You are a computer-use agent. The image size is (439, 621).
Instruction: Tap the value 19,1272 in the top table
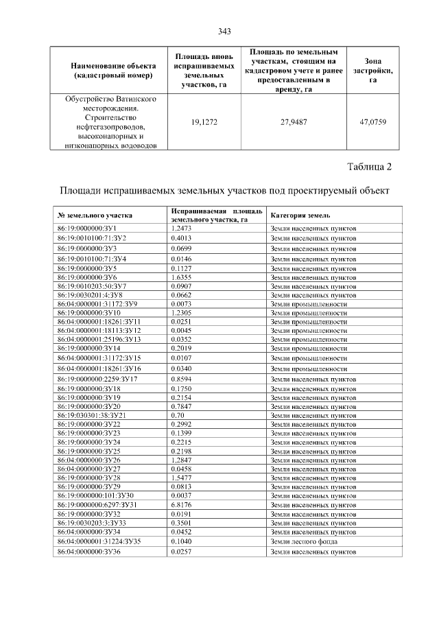click(x=204, y=122)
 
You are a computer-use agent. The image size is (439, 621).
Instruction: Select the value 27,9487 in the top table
click(x=294, y=122)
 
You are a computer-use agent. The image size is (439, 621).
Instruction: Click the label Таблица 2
click(x=370, y=167)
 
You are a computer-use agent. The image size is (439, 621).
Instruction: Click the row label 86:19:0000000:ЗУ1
click(x=87, y=228)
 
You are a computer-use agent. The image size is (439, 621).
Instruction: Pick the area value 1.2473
click(x=181, y=228)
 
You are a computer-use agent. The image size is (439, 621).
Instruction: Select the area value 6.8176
click(x=181, y=504)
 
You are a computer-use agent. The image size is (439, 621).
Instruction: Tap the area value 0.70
click(x=178, y=415)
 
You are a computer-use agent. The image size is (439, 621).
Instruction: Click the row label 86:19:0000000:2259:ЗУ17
click(x=98, y=379)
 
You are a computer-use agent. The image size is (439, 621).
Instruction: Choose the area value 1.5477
click(x=181, y=476)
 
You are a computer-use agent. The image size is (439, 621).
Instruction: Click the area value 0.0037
click(x=181, y=495)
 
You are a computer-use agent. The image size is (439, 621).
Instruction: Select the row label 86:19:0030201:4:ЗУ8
click(x=91, y=294)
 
